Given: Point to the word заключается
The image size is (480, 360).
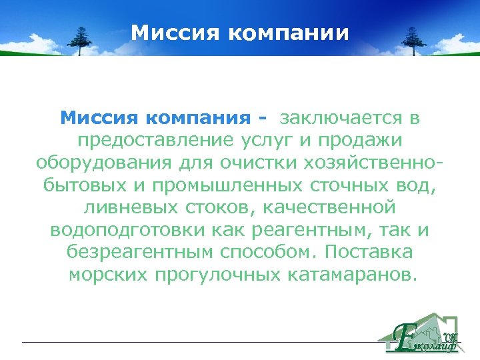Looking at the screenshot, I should (339, 119).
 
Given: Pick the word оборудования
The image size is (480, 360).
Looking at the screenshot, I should (97, 164).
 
